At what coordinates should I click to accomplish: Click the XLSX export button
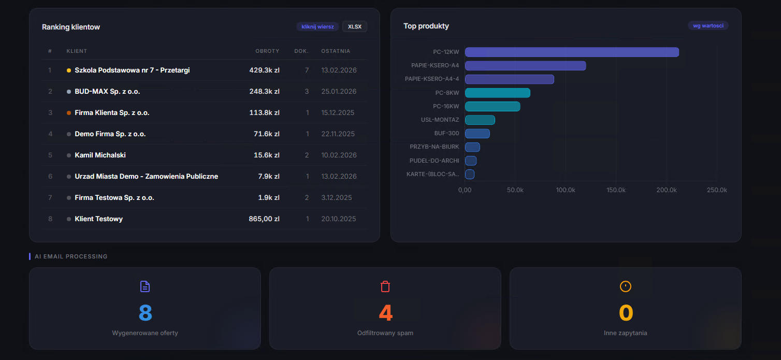pyautogui.click(x=355, y=26)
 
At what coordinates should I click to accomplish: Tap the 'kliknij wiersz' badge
pyautogui.click(x=317, y=26)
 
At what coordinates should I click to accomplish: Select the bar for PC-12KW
pyautogui.click(x=572, y=52)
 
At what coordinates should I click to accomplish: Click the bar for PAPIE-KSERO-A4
pyautogui.click(x=525, y=65)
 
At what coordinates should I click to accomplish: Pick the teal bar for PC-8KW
pyautogui.click(x=497, y=93)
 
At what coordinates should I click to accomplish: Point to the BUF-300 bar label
pyautogui.click(x=446, y=133)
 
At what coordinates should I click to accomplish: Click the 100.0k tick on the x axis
pyautogui.click(x=566, y=190)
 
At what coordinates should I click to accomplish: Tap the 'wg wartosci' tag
pyautogui.click(x=708, y=25)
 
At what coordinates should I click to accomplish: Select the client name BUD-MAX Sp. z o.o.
pyautogui.click(x=107, y=91)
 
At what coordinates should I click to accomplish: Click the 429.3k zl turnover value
pyautogui.click(x=264, y=70)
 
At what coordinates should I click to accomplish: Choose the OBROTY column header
pyautogui.click(x=267, y=51)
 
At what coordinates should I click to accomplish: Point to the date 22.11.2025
pyautogui.click(x=338, y=134)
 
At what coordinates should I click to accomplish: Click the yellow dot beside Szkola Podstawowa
pyautogui.click(x=69, y=70)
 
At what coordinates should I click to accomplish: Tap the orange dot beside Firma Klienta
pyautogui.click(x=69, y=112)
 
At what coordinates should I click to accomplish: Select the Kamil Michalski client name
pyautogui.click(x=100, y=155)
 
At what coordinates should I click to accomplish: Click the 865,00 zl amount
pyautogui.click(x=264, y=219)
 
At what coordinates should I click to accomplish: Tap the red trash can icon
pyautogui.click(x=385, y=286)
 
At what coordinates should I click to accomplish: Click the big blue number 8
pyautogui.click(x=145, y=312)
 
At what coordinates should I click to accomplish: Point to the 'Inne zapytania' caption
pyautogui.click(x=625, y=333)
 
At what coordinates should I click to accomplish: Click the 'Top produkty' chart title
pyautogui.click(x=426, y=26)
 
